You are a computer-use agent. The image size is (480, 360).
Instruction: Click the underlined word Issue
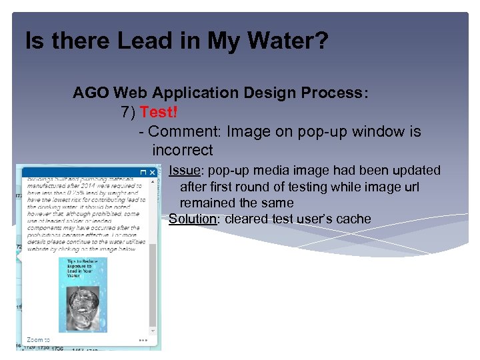pos(183,171)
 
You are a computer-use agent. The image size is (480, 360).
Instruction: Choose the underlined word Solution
pos(193,219)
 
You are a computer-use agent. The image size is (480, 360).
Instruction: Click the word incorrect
pos(183,150)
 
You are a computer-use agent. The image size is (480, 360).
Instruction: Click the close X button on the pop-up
pos(152,172)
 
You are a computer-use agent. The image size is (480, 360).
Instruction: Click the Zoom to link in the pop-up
pos(38,339)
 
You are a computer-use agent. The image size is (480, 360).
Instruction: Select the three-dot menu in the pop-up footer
pos(143,339)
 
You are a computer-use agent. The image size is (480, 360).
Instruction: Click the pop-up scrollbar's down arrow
pos(153,329)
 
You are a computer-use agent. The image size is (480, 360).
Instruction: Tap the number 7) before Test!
pos(129,112)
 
